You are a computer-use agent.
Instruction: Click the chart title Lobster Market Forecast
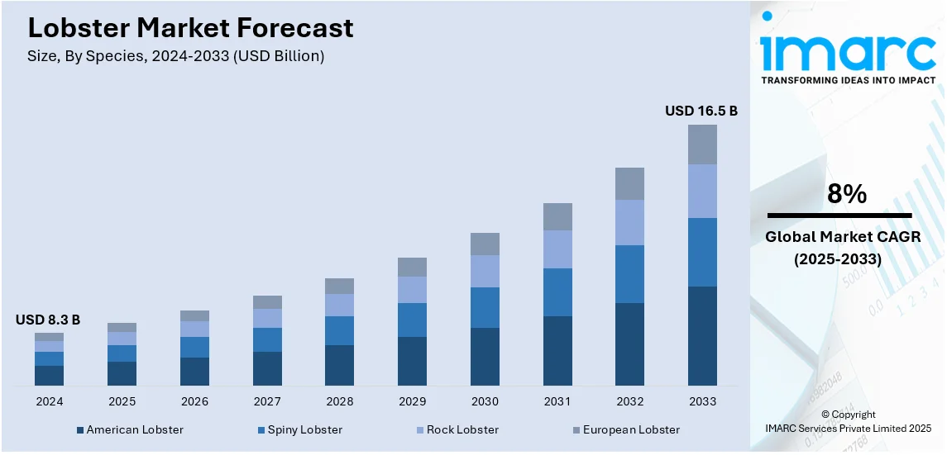point(190,28)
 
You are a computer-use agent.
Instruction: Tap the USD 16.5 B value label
point(701,111)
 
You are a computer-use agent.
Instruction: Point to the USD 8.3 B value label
point(48,320)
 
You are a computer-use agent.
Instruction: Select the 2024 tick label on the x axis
point(49,401)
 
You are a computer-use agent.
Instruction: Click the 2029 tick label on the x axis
point(412,401)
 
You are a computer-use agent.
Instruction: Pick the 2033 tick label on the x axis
point(702,401)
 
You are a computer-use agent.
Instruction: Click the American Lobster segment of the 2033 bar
point(702,335)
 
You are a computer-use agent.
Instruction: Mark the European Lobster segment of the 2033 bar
point(702,145)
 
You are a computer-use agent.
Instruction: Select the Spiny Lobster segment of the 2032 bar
point(629,274)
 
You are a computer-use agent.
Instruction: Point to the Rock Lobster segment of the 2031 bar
point(557,249)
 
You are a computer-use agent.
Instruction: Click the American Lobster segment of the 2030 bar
point(485,357)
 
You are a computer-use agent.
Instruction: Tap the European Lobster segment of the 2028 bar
point(339,287)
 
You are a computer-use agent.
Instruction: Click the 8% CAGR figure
point(847,195)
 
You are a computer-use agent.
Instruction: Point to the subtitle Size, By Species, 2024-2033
point(176,57)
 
